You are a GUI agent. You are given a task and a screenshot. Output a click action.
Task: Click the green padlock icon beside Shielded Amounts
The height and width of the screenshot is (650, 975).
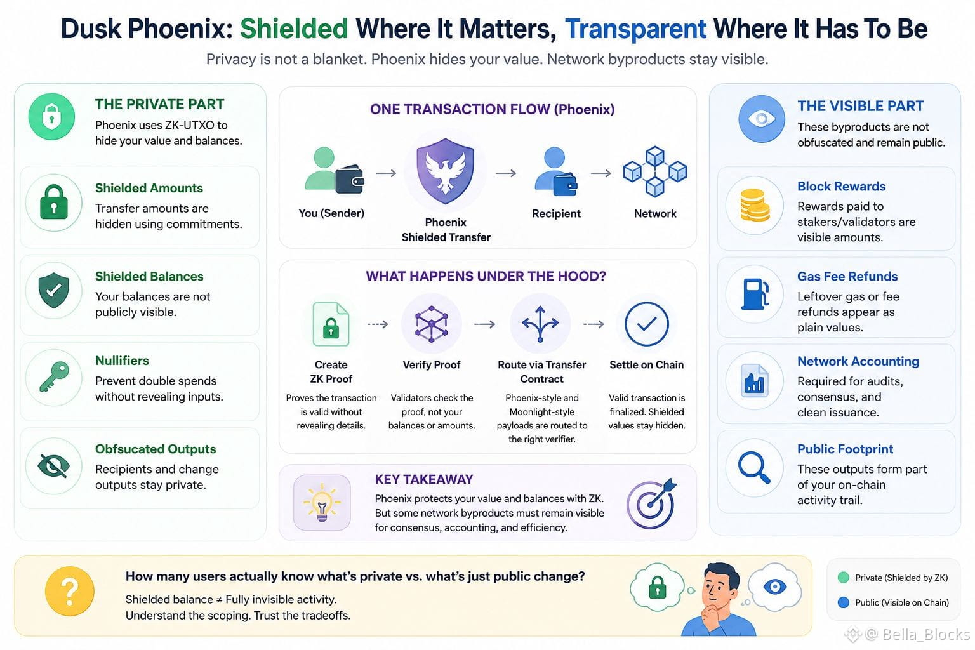[x=53, y=202]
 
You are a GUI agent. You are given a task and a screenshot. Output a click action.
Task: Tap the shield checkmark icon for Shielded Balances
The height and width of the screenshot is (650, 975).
[x=53, y=290]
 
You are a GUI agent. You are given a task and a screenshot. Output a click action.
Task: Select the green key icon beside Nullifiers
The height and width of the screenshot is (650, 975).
[x=54, y=376]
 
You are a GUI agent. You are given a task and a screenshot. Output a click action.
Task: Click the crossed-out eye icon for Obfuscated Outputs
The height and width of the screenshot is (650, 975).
[x=53, y=466]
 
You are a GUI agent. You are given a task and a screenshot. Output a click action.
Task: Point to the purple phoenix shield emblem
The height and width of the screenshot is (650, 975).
[x=445, y=171]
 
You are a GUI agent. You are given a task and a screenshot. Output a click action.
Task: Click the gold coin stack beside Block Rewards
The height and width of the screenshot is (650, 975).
[x=755, y=205]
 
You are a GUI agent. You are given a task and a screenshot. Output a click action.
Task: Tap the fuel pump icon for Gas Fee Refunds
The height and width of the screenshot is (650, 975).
[x=755, y=294]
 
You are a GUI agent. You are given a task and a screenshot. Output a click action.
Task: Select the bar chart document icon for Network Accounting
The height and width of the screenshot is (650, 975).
[x=754, y=381]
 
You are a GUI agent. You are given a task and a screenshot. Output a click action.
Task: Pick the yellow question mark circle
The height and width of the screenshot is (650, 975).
[x=70, y=591]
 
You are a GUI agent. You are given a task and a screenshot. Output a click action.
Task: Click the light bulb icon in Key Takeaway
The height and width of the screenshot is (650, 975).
[x=322, y=503]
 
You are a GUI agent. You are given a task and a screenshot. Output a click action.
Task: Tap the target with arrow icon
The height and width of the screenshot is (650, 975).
[x=651, y=504]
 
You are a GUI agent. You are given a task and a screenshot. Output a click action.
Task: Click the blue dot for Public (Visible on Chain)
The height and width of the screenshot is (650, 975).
[x=843, y=602]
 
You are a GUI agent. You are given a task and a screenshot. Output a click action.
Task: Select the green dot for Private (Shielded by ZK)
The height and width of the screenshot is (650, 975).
[x=843, y=577]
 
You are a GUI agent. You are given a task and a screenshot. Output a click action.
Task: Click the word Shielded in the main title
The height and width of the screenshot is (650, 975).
[x=294, y=29]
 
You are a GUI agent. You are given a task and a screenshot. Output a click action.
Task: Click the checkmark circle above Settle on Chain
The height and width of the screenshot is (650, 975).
[x=646, y=324]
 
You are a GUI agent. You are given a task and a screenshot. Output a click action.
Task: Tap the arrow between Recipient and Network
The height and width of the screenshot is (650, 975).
[x=600, y=173]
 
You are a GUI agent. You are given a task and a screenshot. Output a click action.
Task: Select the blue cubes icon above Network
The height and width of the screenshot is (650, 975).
[x=655, y=171]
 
